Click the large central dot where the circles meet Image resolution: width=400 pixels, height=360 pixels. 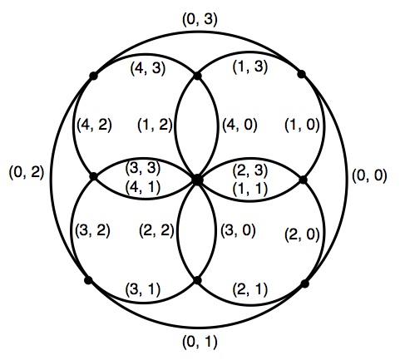click(x=197, y=180)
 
